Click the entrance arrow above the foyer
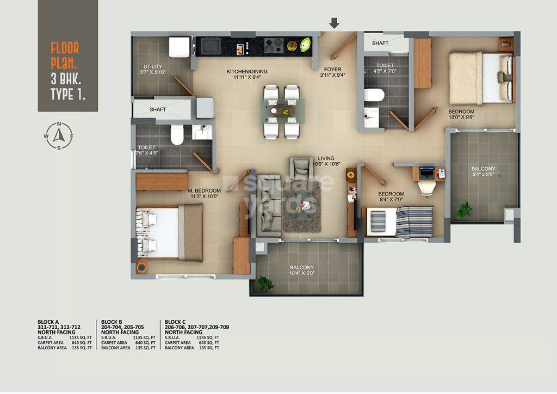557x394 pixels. coord(334,23)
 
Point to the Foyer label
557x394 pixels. coord(333,72)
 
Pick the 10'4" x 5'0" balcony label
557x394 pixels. coord(301,270)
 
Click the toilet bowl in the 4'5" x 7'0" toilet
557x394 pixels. coord(374,95)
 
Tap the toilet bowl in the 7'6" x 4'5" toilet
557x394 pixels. coord(177,136)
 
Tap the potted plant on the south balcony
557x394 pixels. coord(265,283)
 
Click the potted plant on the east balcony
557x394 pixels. coord(463,210)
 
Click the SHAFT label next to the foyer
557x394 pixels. coord(380,43)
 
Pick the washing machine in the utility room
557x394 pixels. coord(178,47)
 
